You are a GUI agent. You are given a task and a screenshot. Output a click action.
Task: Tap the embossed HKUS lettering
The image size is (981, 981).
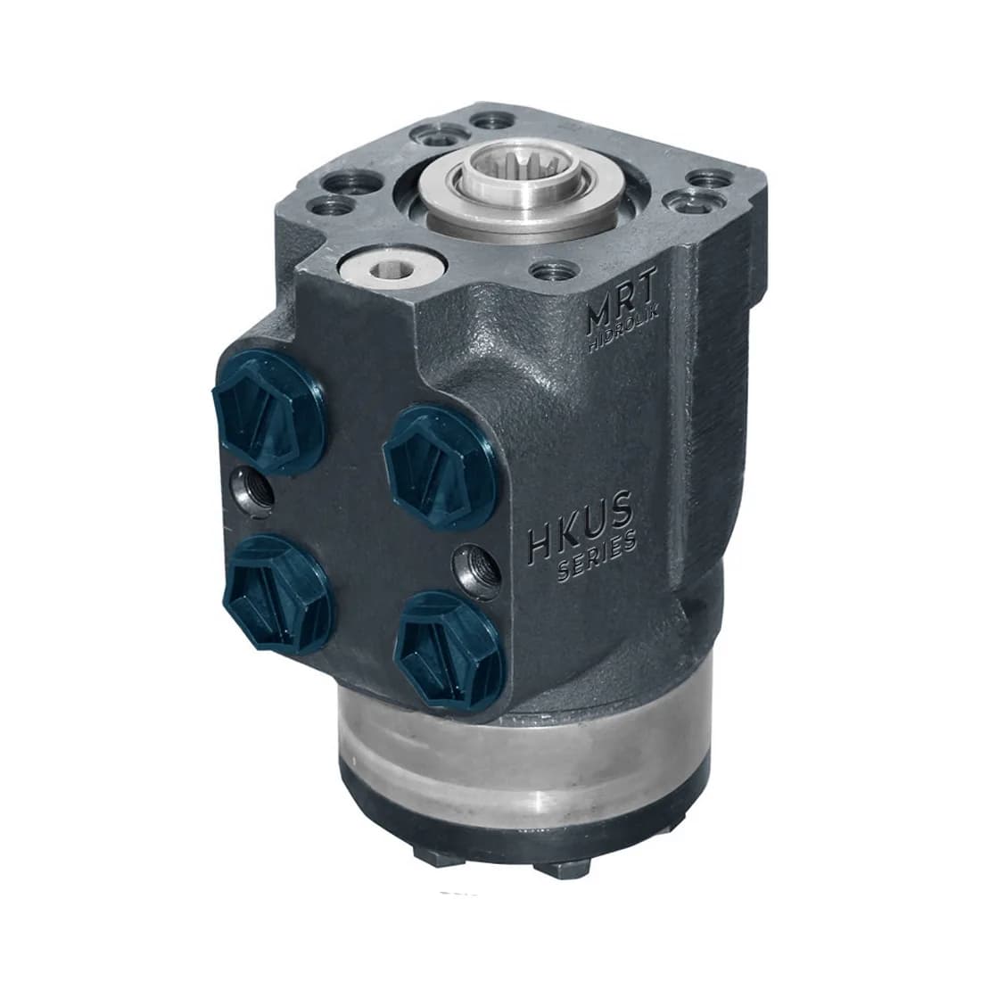[581, 526]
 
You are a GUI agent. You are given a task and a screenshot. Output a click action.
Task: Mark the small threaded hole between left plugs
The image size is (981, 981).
[252, 490]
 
